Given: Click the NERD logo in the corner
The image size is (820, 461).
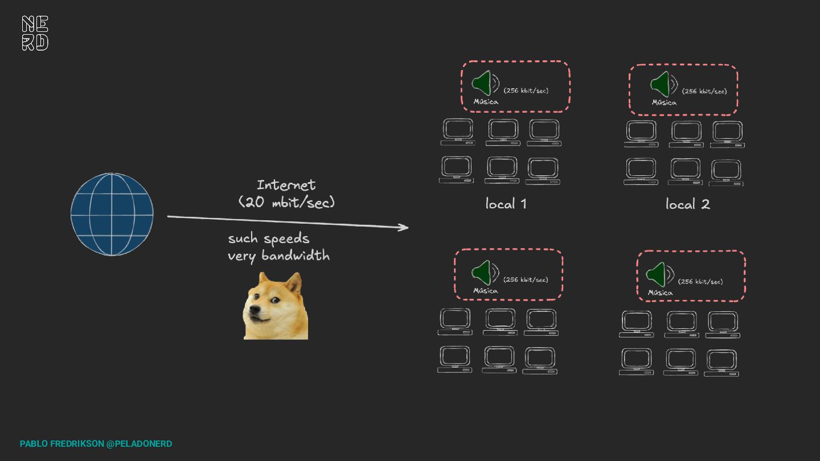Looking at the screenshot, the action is click(x=35, y=33).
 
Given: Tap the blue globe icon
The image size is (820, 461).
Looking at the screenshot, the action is click(x=112, y=214).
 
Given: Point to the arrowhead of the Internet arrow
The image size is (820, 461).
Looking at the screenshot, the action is click(x=404, y=228).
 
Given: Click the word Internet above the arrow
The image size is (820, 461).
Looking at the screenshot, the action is click(x=286, y=185).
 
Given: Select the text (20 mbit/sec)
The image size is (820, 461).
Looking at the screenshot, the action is click(x=286, y=202).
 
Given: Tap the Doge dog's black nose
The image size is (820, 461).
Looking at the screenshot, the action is click(x=254, y=311).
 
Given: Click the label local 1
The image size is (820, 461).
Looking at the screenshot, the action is click(x=506, y=204).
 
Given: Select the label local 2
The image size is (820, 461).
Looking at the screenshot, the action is click(x=687, y=204).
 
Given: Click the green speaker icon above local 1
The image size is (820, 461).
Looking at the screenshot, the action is click(x=482, y=84).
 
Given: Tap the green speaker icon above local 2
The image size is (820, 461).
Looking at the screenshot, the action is click(x=661, y=84).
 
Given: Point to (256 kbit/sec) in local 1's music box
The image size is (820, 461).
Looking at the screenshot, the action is click(x=526, y=90).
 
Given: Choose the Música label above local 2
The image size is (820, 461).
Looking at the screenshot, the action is click(x=664, y=102).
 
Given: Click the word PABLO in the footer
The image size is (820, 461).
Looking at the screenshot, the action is click(x=34, y=444).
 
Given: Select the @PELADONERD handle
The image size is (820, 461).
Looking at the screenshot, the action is click(x=139, y=444).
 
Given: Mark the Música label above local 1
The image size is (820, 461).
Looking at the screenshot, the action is click(x=486, y=102).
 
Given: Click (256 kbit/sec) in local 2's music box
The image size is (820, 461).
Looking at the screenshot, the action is click(x=704, y=91).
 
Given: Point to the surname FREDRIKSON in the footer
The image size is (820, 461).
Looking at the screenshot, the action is click(x=77, y=444).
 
